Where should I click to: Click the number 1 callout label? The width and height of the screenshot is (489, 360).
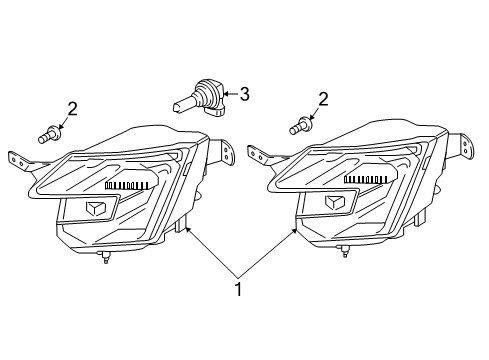point(236,290)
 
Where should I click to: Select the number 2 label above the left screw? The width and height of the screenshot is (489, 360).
point(71,108)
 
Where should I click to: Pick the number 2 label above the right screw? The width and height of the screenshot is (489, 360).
point(322,98)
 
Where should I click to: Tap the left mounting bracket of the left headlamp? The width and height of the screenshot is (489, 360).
point(17,162)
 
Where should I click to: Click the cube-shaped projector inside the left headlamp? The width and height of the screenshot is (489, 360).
point(97,207)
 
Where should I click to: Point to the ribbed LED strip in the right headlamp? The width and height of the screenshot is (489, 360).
point(369,178)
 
